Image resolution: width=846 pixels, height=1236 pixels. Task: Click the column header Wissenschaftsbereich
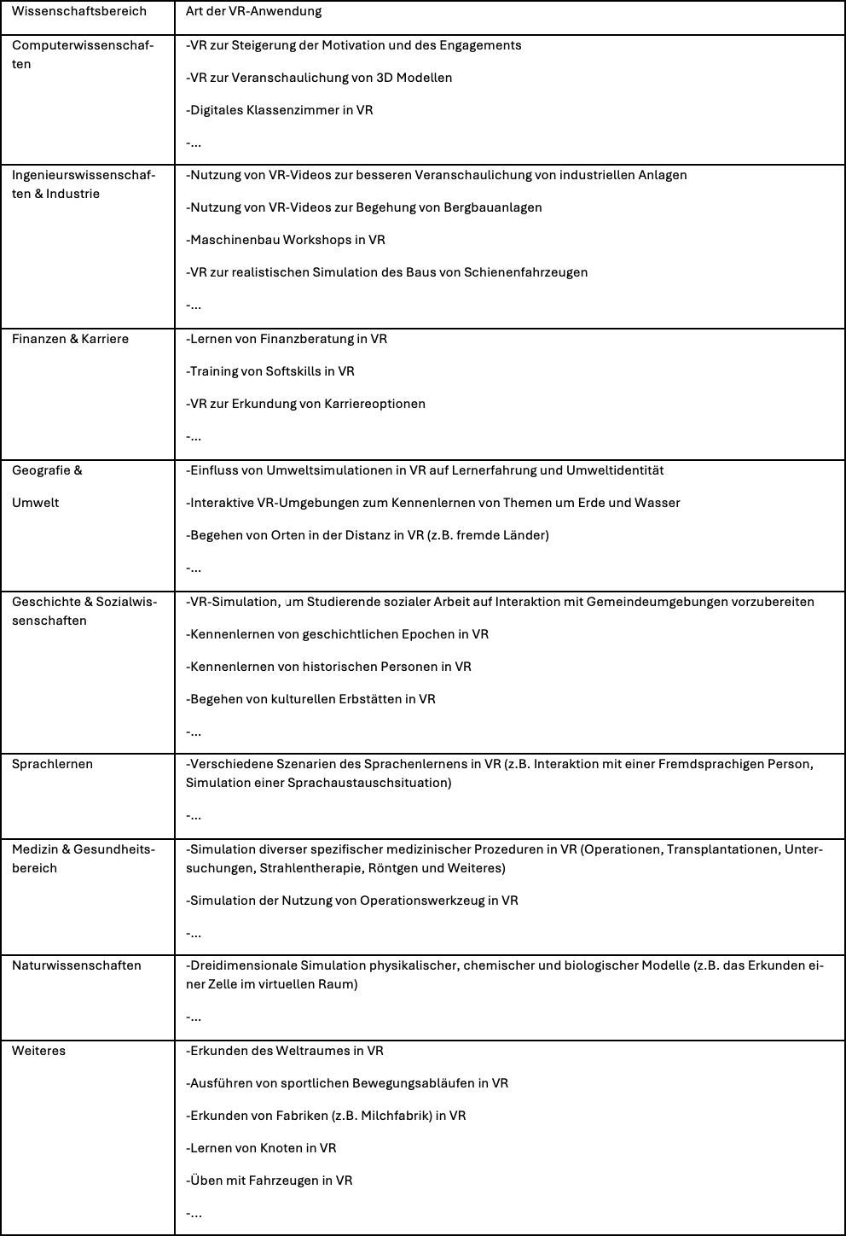[x=79, y=11]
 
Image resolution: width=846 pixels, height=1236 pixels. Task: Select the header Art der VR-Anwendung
[x=254, y=11]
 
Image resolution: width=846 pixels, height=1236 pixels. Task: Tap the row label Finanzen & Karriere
[x=70, y=339]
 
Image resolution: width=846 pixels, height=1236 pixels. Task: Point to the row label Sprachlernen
[x=52, y=764]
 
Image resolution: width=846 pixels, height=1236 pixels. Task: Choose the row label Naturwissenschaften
[x=77, y=965]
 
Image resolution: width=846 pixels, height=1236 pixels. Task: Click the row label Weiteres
[x=39, y=1051]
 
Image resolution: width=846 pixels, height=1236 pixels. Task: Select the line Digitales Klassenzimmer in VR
[x=280, y=110]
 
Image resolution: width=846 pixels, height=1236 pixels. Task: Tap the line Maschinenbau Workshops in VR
[x=286, y=240]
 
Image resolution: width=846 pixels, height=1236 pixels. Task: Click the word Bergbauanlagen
[x=493, y=207]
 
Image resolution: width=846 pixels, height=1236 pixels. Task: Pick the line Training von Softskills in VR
[x=270, y=371]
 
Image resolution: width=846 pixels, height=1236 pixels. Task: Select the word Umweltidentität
[x=615, y=470]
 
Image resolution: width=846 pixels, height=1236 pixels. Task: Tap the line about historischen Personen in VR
[x=329, y=667]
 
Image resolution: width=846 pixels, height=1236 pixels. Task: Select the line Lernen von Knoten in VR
[x=262, y=1148]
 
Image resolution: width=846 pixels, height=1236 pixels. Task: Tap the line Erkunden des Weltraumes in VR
[x=285, y=1051]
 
